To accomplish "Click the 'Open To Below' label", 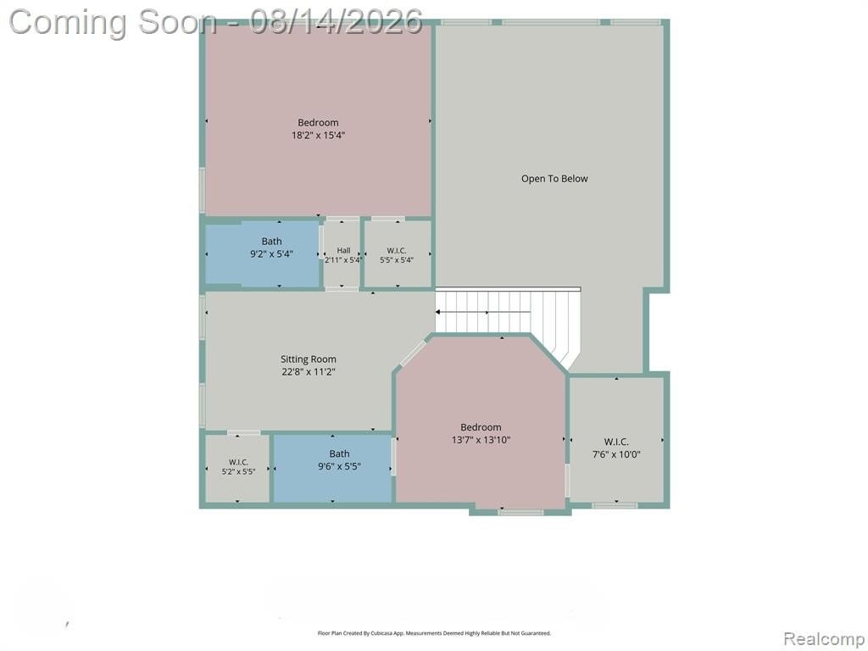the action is (554, 179).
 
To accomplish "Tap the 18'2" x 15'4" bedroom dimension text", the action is (319, 135).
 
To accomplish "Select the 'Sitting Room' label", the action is (309, 359).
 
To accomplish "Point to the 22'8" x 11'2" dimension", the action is (309, 372).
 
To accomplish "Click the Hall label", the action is (343, 250).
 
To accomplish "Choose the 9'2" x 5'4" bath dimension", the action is (271, 254).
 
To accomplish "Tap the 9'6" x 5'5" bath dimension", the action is (339, 467).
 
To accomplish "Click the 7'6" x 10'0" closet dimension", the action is (616, 454).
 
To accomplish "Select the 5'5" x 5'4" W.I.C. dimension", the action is (397, 259).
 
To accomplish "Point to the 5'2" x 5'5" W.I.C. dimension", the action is (238, 471).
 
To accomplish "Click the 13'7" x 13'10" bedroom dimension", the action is (481, 440).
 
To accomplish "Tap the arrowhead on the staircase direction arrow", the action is (438, 312).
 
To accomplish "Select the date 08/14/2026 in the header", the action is (336, 22).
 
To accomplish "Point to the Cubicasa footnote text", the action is (434, 632).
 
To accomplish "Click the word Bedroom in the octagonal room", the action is (481, 427).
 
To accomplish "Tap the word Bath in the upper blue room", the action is (271, 242).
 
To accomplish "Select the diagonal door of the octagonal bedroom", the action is (413, 353).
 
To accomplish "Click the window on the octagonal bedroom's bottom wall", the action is (520, 513).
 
